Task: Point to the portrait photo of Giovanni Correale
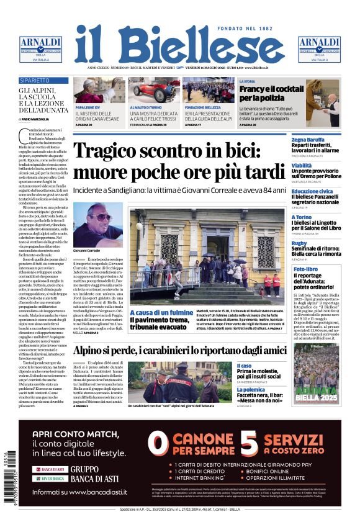pos(97,224)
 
